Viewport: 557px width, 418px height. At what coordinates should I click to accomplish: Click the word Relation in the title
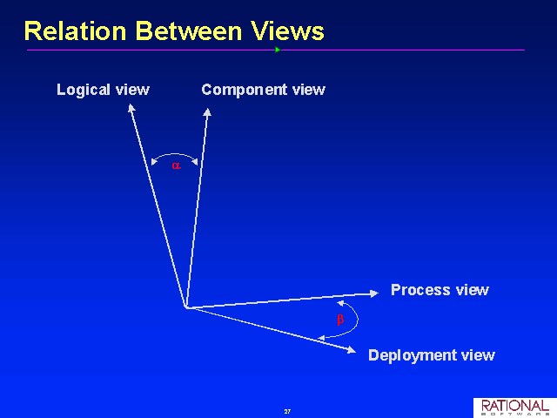tap(76, 31)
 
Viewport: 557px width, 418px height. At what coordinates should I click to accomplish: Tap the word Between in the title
tap(189, 31)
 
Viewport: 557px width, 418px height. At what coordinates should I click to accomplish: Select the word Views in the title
tap(287, 31)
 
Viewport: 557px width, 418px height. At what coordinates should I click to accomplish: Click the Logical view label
tap(103, 90)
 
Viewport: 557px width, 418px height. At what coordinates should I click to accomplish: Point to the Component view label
tap(263, 90)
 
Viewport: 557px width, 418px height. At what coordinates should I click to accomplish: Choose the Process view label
tap(440, 290)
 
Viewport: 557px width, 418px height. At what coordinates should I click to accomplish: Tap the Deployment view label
tap(432, 355)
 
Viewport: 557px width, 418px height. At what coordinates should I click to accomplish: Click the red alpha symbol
tap(176, 165)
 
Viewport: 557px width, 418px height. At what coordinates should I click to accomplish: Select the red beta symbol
tap(340, 320)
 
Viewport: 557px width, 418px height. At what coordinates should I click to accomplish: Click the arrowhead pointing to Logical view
tap(131, 107)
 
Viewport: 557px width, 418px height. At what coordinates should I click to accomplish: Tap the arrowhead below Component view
tap(207, 112)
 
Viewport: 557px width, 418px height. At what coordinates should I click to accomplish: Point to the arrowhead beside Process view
tap(374, 293)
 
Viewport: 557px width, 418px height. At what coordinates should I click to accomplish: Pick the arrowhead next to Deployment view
tap(352, 350)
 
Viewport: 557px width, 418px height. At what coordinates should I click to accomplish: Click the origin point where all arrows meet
tap(186, 307)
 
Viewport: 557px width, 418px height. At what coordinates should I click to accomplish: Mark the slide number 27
tap(287, 411)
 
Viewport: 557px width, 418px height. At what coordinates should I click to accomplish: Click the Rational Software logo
tap(515, 408)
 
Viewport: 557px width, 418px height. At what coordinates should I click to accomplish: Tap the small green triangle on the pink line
tap(278, 50)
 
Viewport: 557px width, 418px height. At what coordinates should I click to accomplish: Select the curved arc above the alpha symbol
tap(174, 154)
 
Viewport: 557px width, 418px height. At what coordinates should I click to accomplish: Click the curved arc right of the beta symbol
tap(358, 320)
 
